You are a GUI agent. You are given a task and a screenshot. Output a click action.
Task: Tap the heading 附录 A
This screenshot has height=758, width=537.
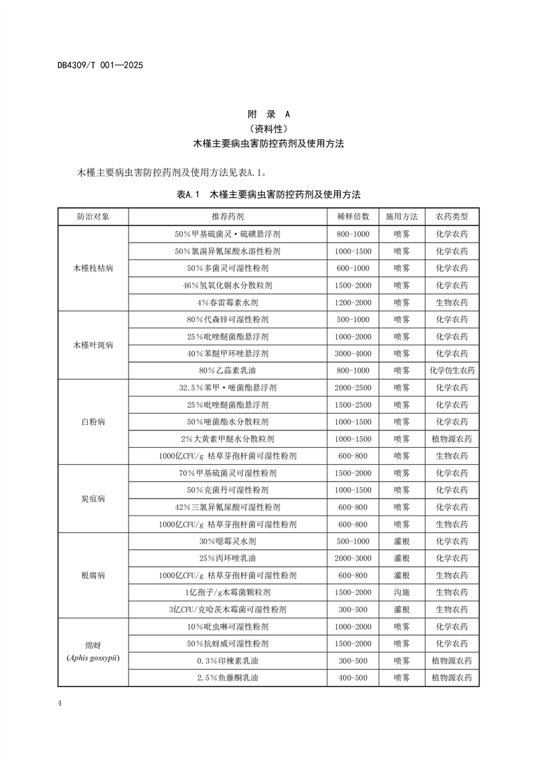click(268, 114)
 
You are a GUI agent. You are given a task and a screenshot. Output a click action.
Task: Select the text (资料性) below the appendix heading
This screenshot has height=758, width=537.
click(268, 128)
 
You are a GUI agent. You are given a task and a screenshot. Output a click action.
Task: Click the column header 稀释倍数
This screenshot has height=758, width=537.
click(352, 217)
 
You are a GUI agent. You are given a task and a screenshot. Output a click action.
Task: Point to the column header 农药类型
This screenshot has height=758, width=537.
click(452, 217)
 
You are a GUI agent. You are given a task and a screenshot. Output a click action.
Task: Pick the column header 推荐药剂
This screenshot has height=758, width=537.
click(227, 217)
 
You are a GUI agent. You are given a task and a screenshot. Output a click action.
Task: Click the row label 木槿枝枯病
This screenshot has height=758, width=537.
click(93, 268)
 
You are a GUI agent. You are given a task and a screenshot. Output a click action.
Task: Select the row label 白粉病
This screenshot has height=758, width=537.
click(93, 422)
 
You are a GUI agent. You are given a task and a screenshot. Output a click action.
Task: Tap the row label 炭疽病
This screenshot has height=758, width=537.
click(93, 499)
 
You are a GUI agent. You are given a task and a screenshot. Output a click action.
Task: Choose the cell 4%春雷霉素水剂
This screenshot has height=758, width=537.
click(227, 302)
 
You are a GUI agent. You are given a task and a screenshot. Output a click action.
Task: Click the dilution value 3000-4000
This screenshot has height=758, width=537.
click(352, 353)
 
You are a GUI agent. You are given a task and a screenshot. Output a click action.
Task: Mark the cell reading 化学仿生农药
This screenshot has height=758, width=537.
click(452, 370)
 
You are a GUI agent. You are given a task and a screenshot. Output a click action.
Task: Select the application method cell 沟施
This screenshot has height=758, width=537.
click(402, 592)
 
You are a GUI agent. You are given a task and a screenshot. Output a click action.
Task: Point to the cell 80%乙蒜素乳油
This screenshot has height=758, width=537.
click(227, 370)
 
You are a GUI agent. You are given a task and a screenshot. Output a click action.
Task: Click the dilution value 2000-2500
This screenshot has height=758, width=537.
click(352, 388)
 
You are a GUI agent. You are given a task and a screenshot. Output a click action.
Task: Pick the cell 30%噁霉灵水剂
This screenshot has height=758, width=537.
click(227, 541)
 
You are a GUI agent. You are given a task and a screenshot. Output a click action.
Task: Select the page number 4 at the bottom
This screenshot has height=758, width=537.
click(60, 703)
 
